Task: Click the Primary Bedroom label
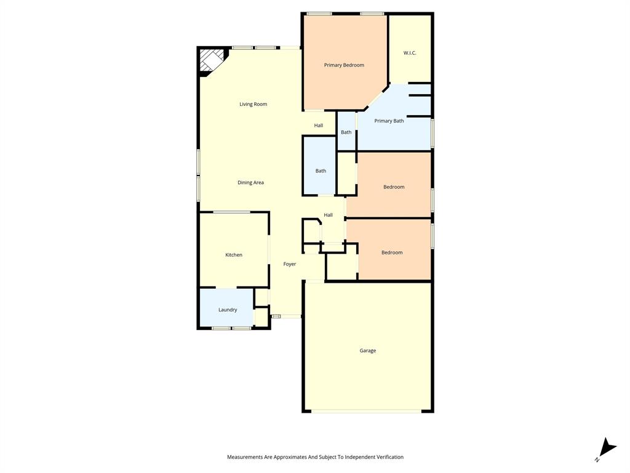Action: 344,65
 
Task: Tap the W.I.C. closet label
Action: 410,53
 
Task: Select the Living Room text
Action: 253,104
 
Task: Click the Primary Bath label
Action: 389,121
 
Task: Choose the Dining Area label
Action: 250,182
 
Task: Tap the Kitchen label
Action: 234,255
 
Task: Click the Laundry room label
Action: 228,310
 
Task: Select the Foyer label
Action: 290,264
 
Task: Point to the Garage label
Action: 368,350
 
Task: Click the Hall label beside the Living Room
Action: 318,126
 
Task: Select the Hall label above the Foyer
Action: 328,215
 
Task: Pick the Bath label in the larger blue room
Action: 321,171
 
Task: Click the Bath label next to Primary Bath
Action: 346,132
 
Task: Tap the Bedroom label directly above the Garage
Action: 392,253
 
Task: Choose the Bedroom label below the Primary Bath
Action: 394,187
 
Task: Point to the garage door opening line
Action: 368,411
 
